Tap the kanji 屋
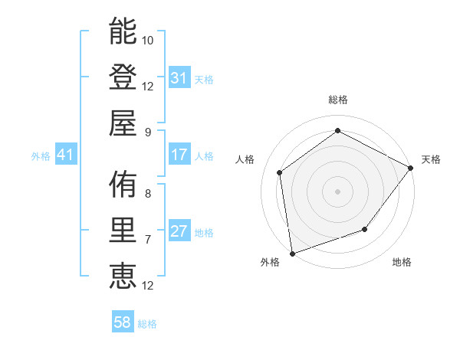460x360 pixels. [x=123, y=123]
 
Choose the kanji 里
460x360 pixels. [x=123, y=231]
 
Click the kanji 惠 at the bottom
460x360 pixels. [x=123, y=277]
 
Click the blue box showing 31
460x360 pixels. [x=179, y=78]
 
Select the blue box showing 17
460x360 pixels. [x=179, y=155]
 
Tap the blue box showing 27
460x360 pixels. [x=179, y=232]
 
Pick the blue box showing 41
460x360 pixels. [x=65, y=155]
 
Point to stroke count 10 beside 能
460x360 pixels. [x=148, y=40]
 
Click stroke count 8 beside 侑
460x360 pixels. [x=148, y=193]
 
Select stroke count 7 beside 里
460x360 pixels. [x=148, y=239]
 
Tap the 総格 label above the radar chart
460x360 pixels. [x=337, y=100]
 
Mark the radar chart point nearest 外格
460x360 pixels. [x=292, y=252]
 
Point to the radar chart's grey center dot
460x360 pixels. [x=337, y=191]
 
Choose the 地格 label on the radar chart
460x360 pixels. [x=402, y=263]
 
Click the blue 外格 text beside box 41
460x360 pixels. [x=41, y=156]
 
